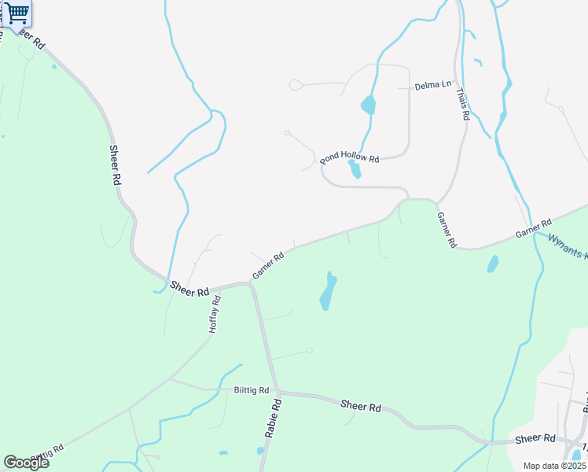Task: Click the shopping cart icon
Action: [16, 13]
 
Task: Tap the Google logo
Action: [26, 462]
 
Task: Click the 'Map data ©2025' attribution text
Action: [554, 466]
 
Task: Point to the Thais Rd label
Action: [464, 103]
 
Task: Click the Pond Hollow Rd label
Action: [350, 158]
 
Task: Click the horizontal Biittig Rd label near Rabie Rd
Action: [252, 390]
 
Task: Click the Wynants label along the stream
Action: [567, 248]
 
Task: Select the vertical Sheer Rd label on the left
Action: [116, 165]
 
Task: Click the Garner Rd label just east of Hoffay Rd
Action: [268, 266]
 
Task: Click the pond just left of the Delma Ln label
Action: [368, 105]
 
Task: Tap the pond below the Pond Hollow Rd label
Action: [355, 169]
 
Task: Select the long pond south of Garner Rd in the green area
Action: [328, 291]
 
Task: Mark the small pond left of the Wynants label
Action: [493, 264]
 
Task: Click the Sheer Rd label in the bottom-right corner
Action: [535, 438]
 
